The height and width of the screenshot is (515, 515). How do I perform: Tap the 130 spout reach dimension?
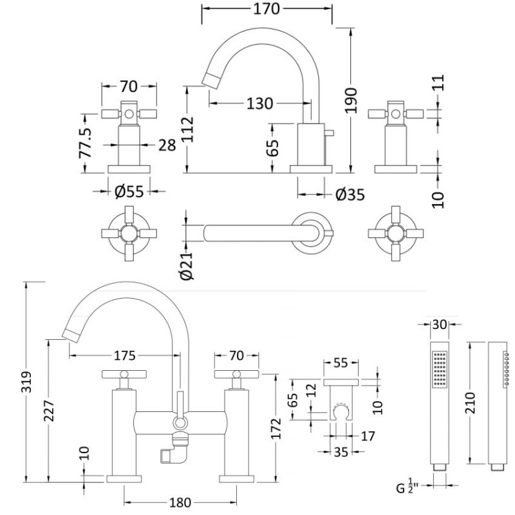259,103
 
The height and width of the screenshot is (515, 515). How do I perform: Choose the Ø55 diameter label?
128,192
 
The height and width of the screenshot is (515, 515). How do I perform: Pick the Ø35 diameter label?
350,192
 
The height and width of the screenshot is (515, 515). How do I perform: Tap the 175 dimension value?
125,355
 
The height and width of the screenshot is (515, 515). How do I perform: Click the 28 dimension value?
167,144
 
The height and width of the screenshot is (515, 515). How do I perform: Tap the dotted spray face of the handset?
440,370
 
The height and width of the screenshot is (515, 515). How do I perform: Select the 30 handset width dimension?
440,324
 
